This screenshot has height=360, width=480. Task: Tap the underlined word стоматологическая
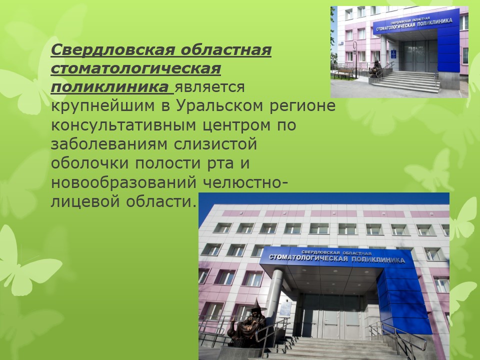(136, 68)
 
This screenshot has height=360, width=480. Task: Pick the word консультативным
(123, 125)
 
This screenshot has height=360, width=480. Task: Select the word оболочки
(89, 163)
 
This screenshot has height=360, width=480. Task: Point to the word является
(209, 87)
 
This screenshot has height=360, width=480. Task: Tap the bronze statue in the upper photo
(374, 69)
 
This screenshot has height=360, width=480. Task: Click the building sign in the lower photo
(336, 257)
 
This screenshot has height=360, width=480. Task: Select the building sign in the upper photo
(414, 24)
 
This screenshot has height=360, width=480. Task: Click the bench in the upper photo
(343, 73)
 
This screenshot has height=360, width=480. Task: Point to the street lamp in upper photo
(355, 59)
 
